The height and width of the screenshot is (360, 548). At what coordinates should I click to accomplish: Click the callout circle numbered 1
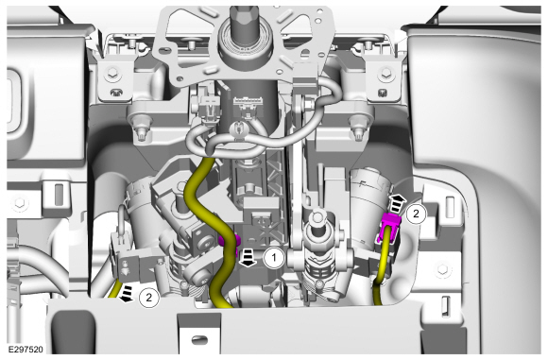pyautogui.click(x=274, y=258)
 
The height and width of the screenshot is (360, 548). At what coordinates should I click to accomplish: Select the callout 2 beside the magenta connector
pyautogui.click(x=416, y=214)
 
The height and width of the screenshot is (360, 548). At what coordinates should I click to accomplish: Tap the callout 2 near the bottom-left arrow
pyautogui.click(x=149, y=299)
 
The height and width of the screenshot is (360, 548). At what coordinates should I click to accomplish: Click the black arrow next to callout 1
pyautogui.click(x=248, y=258)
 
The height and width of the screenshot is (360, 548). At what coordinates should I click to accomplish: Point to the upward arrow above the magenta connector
pyautogui.click(x=396, y=204)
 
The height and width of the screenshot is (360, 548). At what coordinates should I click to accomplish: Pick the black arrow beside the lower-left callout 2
pyautogui.click(x=127, y=293)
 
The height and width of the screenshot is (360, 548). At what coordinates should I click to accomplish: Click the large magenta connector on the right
pyautogui.click(x=391, y=228)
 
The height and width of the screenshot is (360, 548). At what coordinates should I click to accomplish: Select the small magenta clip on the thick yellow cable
pyautogui.click(x=230, y=241)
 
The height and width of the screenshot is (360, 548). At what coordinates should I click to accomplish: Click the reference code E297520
pyautogui.click(x=26, y=350)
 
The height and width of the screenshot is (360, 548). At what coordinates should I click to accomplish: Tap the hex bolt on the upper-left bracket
pyautogui.click(x=112, y=73)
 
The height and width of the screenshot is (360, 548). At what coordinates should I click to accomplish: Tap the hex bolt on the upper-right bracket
pyautogui.click(x=385, y=73)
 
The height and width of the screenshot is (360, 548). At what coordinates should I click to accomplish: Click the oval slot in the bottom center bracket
pyautogui.click(x=200, y=339)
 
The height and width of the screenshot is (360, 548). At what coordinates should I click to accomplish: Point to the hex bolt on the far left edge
pyautogui.click(x=17, y=202)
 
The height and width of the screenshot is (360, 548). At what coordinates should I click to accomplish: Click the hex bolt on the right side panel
pyautogui.click(x=442, y=268)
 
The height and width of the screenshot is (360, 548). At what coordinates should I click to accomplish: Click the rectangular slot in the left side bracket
pyautogui.click(x=59, y=194)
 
